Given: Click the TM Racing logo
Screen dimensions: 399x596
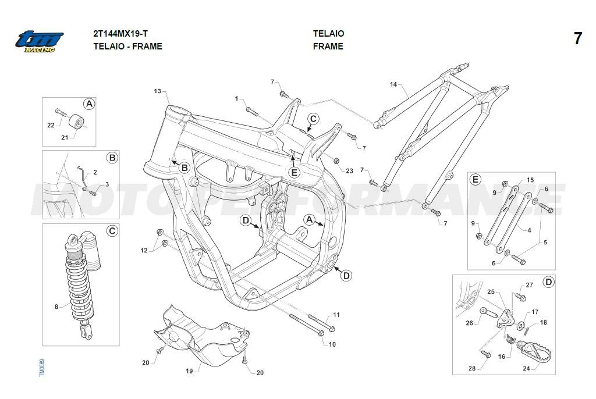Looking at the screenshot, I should pos(39,41).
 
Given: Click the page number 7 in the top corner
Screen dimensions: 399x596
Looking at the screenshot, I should pos(577,39).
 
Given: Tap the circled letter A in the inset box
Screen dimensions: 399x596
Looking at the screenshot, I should pos(89,104).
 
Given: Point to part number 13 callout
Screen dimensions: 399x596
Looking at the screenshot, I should pos(157,91).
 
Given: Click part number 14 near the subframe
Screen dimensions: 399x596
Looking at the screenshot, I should pos(393,85).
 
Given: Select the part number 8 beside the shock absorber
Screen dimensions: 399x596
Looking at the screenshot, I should pos(56,306).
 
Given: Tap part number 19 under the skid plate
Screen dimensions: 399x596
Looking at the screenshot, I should pos(189,370).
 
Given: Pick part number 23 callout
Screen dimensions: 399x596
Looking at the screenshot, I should pos(349,170).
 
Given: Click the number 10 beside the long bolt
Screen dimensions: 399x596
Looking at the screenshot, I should pos(332,344).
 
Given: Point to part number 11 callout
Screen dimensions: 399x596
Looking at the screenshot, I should pos(336,315).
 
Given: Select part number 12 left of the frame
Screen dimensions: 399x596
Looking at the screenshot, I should pos(144,250).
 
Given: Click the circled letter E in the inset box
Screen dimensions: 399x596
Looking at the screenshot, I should pos(476,180).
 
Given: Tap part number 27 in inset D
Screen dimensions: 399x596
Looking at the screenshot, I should pos(529,285).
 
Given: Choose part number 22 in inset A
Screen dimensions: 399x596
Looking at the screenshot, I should pos(51,125).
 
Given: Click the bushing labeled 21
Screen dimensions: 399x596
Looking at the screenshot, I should pos(76,123).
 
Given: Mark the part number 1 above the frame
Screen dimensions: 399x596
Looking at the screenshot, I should pos(237,99).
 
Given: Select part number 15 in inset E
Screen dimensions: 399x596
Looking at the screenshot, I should pos(530,180).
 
